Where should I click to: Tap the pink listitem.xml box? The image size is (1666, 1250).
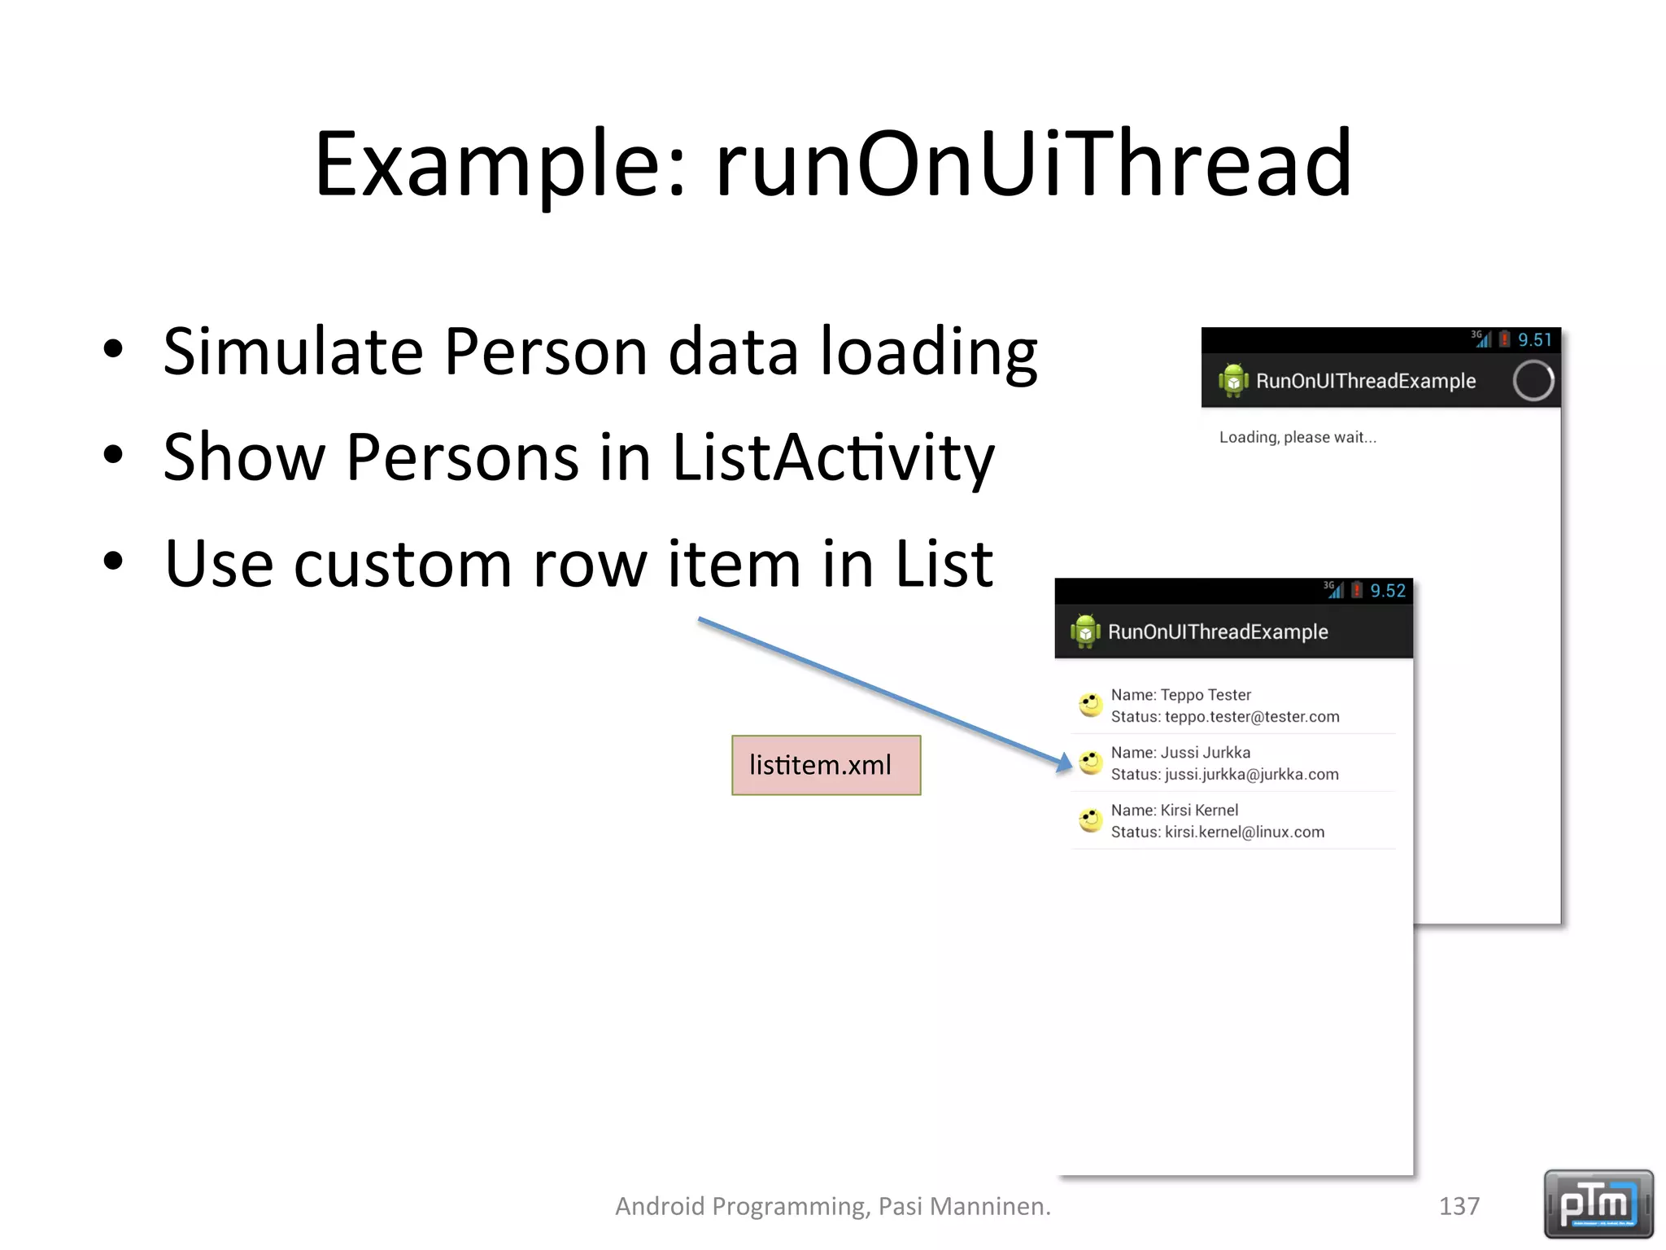(x=826, y=765)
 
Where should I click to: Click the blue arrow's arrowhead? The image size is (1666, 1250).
(x=1064, y=763)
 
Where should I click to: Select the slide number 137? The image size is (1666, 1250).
(x=1459, y=1206)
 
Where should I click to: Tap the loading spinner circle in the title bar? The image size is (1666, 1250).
(x=1533, y=381)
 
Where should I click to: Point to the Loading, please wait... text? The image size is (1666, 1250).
(x=1297, y=437)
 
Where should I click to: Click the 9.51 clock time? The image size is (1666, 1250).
(x=1534, y=340)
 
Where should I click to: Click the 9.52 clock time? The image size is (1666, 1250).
(x=1387, y=591)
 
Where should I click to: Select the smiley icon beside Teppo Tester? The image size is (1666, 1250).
(x=1090, y=704)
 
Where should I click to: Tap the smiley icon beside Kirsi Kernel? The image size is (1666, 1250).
(x=1090, y=819)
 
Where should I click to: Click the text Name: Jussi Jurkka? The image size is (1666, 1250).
(x=1180, y=753)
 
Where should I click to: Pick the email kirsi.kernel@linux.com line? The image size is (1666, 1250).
(x=1244, y=832)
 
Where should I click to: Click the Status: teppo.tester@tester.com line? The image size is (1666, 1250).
(x=1225, y=717)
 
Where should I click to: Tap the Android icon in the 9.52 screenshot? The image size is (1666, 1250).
(x=1085, y=632)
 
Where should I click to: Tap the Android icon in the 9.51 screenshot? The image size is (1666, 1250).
(x=1233, y=381)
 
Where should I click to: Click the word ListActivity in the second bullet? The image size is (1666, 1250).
(x=833, y=457)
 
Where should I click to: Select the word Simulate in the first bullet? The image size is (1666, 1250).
(x=293, y=352)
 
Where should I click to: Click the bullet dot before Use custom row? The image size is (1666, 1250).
(x=113, y=562)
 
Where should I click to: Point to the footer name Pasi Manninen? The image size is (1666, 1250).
(x=964, y=1206)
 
